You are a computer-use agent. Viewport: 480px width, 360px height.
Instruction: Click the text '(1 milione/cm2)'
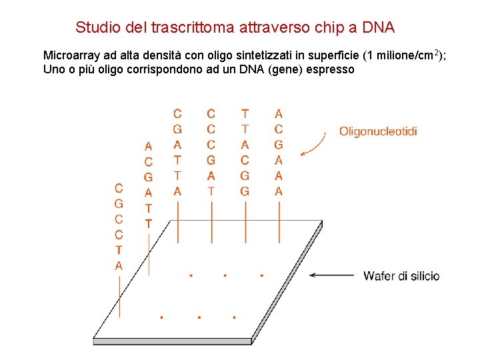pyautogui.click(x=403, y=55)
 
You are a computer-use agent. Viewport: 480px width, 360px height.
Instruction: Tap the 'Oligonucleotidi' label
pyautogui.click(x=378, y=131)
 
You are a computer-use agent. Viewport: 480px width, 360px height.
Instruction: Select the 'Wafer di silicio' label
pyautogui.click(x=401, y=276)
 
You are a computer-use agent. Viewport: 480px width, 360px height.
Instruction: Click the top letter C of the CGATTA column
pyautogui.click(x=177, y=114)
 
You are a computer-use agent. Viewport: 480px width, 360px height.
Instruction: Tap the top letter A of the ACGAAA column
pyautogui.click(x=279, y=114)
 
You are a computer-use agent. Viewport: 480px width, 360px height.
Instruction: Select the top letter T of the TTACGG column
pyautogui.click(x=245, y=114)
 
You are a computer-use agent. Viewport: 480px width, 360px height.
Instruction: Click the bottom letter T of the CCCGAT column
pyautogui.click(x=211, y=191)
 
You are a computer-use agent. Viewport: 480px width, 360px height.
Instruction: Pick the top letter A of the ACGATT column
pyautogui.click(x=148, y=146)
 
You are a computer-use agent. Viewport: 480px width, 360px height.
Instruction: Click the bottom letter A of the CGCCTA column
pyautogui.click(x=119, y=266)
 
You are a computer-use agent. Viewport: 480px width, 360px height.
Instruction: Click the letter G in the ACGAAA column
pyautogui.click(x=279, y=145)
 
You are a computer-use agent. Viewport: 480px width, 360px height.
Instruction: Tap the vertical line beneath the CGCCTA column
pyautogui.click(x=119, y=290)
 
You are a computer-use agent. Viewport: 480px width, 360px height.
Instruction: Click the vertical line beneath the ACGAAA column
pyautogui.click(x=279, y=212)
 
